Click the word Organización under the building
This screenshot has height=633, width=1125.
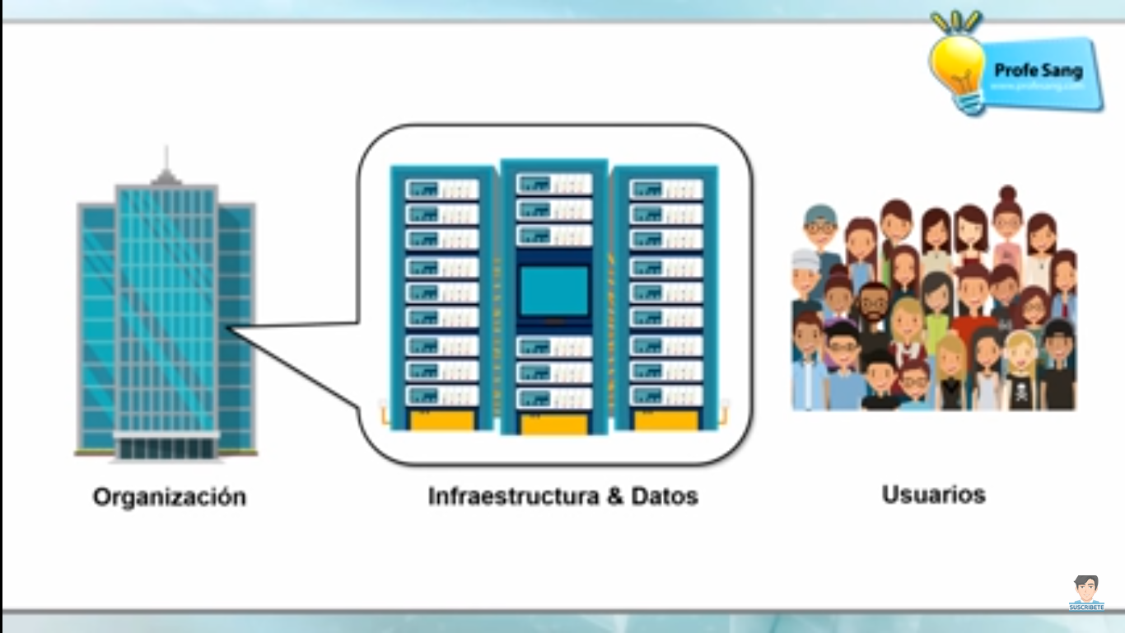click(x=169, y=498)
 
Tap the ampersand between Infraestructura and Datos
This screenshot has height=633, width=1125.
click(x=614, y=496)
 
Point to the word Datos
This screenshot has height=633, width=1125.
click(x=665, y=496)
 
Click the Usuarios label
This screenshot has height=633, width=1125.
click(x=933, y=495)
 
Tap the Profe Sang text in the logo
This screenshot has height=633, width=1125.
click(x=1039, y=71)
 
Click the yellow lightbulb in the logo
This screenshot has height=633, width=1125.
click(x=958, y=66)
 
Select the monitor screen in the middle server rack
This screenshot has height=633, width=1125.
click(x=554, y=290)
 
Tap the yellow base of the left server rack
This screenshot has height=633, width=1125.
click(x=442, y=420)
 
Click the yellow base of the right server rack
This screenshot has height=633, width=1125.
click(x=666, y=420)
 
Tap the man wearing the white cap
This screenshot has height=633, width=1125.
click(x=806, y=272)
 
